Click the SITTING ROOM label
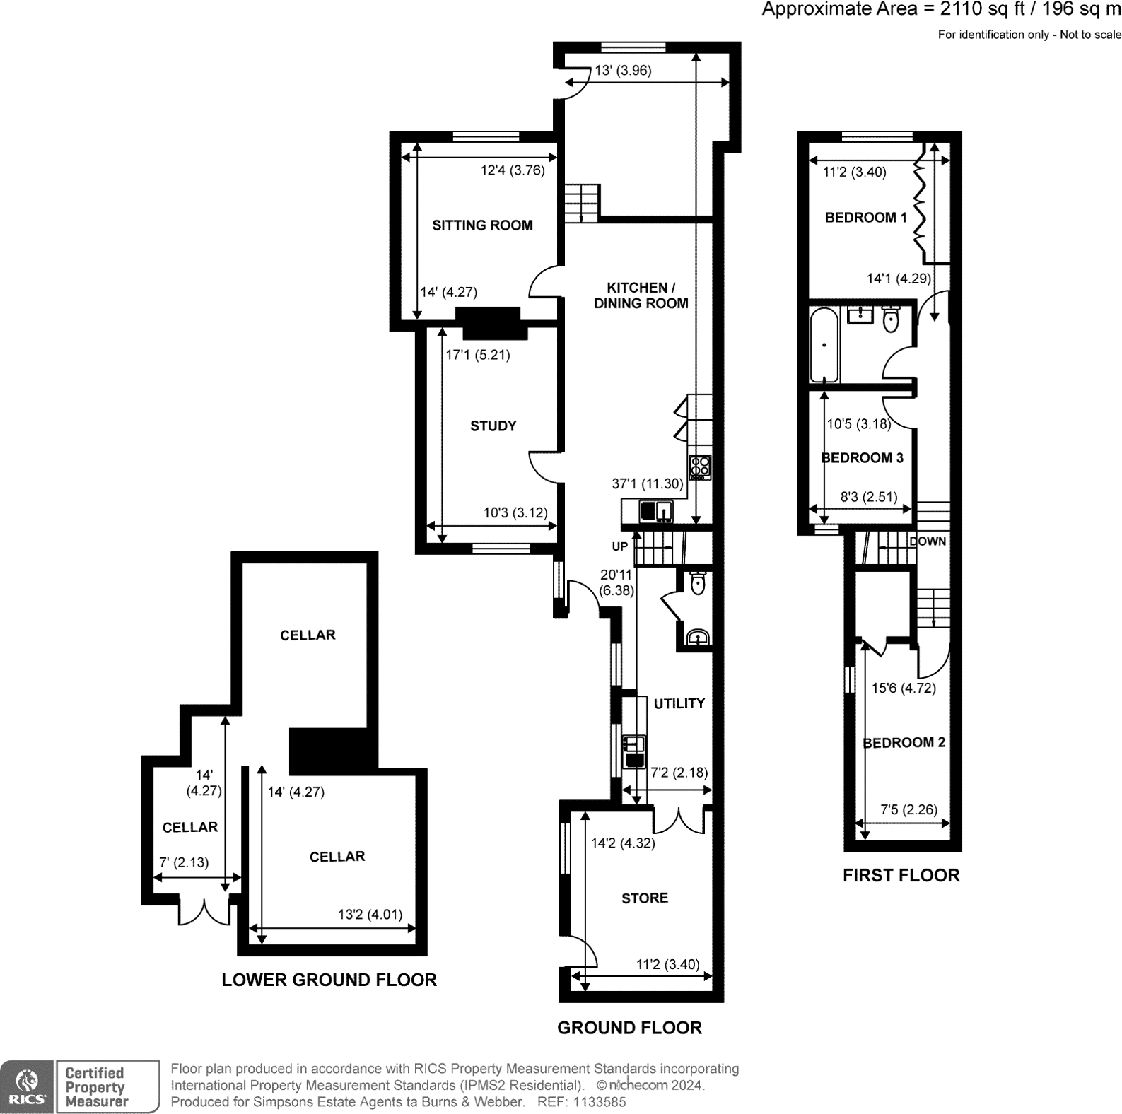[482, 225]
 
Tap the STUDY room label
[493, 426]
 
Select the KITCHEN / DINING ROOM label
[641, 295]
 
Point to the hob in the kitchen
[700, 467]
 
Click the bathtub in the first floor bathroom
[824, 345]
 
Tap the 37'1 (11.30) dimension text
[648, 484]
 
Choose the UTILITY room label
[679, 703]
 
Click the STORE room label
[644, 898]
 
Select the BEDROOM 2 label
[904, 742]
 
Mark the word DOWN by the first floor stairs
[927, 541]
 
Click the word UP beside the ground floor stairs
[619, 546]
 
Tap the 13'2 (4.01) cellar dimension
[370, 914]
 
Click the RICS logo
[27, 1086]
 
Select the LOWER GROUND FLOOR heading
[329, 980]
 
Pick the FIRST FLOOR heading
[901, 875]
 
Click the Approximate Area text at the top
[940, 10]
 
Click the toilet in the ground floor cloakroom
[698, 583]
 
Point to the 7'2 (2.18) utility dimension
[679, 773]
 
